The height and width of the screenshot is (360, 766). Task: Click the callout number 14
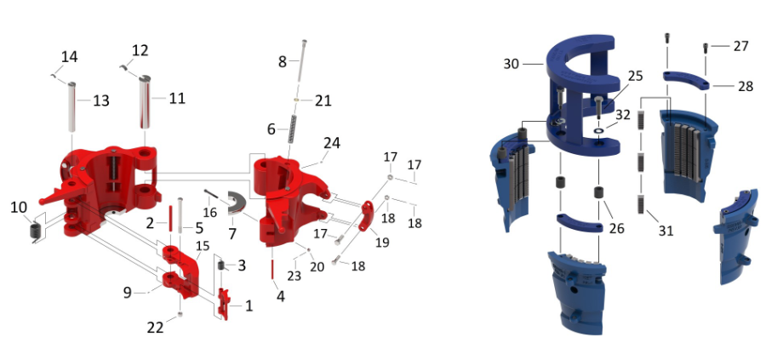(x=69, y=57)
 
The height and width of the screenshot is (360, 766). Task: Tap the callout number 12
(x=140, y=49)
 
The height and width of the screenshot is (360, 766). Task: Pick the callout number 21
(x=323, y=100)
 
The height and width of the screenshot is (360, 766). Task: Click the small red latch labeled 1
(x=226, y=302)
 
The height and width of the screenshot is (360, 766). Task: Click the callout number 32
(x=623, y=114)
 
